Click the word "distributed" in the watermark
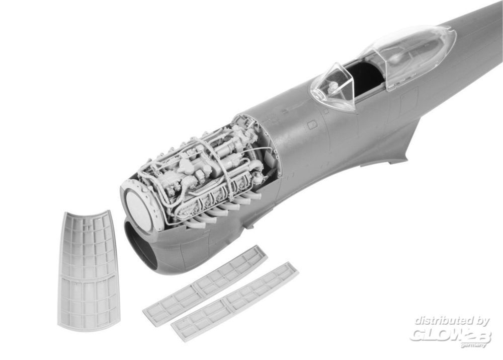tap(442, 321)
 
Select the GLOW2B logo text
tap(450, 335)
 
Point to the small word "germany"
tap(474, 345)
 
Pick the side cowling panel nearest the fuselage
tap(205, 286)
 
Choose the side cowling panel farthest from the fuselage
tap(235, 302)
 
